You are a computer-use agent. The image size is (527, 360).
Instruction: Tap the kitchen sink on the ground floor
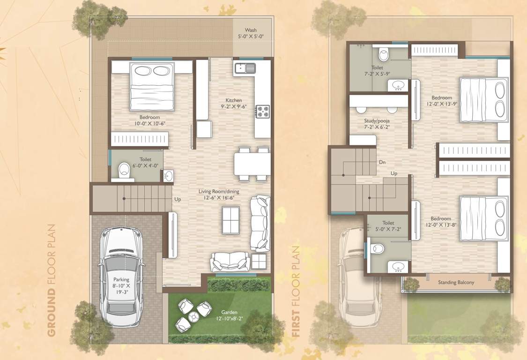pos(244,69)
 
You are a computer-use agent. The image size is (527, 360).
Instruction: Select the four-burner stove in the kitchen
pos(262,112)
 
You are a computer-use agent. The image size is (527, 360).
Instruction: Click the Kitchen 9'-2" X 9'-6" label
pos(234,103)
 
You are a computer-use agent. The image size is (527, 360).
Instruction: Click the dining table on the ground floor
pos(252,164)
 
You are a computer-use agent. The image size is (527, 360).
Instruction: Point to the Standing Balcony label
pos(456,283)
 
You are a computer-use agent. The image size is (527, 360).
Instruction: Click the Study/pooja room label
pos(377,124)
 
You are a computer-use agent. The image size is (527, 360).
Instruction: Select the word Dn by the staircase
pos(382,162)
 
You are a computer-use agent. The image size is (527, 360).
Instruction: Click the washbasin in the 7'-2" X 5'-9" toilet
pos(398,85)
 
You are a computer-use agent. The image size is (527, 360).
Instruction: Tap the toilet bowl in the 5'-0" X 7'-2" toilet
pos(377,248)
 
